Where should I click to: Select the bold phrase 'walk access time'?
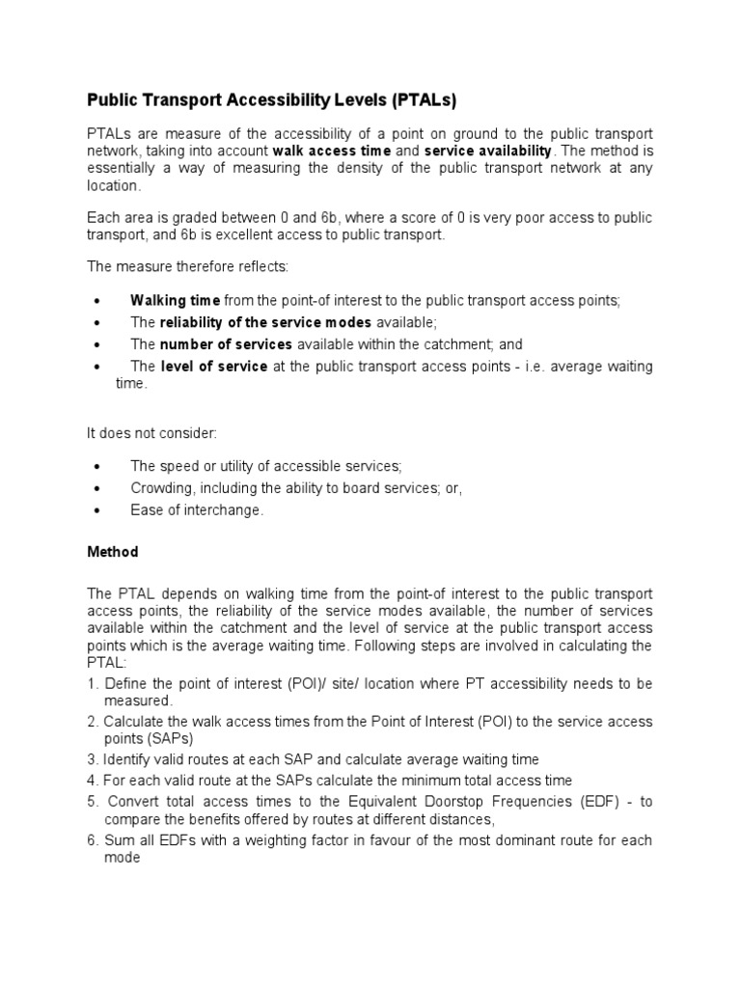(x=331, y=151)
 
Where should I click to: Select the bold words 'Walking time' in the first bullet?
(x=176, y=301)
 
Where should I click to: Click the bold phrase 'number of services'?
(x=227, y=343)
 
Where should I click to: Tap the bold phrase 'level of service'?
(x=213, y=366)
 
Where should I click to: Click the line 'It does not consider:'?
(x=151, y=433)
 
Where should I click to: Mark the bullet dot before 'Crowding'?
(x=95, y=489)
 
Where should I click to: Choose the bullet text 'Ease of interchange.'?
(x=197, y=510)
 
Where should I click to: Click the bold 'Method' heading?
(x=113, y=552)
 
